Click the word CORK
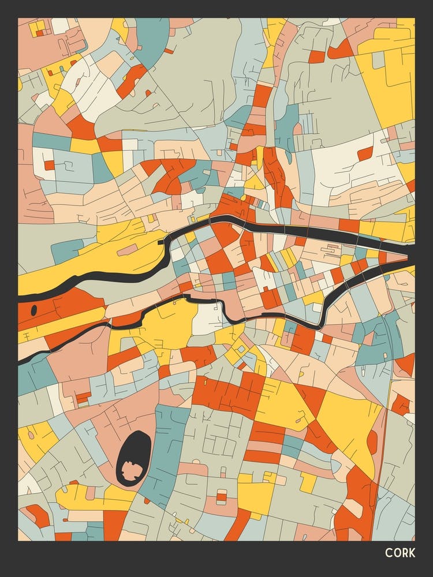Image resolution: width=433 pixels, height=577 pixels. coord(400,553)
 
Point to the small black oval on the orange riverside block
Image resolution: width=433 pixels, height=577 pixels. coord(33,310)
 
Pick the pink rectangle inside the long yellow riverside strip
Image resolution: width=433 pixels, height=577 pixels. coord(127,249)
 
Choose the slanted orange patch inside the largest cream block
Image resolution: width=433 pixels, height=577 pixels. coord(365,153)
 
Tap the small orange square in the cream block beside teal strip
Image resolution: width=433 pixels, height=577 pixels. coord(50,165)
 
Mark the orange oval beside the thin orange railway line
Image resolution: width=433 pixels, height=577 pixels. coord(372,442)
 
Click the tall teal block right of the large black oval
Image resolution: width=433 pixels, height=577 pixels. coord(165,456)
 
